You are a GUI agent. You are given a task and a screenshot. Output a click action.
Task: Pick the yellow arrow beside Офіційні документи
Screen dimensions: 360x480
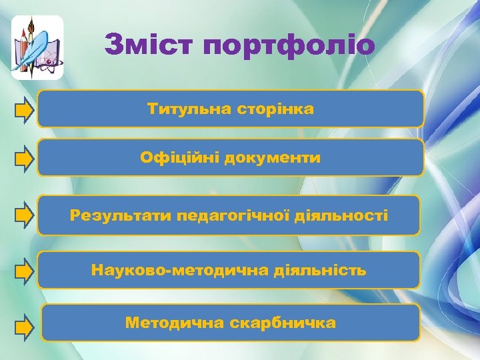point(24,159)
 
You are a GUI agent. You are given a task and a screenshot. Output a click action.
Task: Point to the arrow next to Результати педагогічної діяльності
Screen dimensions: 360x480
point(24,215)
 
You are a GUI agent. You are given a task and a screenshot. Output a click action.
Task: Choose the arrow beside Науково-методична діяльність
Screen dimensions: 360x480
point(24,271)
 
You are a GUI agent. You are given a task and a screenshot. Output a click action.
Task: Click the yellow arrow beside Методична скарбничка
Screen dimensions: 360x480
point(24,326)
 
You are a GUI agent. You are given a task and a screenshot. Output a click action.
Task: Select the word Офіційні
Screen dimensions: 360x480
point(179,158)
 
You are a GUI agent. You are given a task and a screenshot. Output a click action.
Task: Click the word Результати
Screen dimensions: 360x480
point(120,215)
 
